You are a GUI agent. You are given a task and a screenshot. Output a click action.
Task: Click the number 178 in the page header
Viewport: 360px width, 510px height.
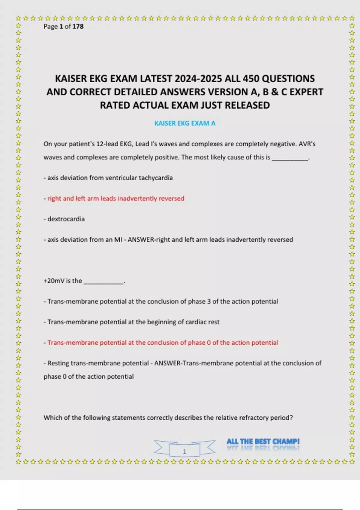tap(78, 26)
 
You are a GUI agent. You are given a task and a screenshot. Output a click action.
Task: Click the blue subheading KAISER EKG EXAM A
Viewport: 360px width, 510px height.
tap(185, 123)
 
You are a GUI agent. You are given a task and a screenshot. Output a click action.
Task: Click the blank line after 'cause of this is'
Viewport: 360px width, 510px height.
tap(290, 158)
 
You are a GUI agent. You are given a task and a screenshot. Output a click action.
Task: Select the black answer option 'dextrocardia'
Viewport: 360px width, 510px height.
tap(66, 219)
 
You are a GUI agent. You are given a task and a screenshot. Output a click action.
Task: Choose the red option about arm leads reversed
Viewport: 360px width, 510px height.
tap(116, 198)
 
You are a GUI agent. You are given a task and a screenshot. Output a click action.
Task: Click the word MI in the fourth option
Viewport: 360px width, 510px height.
tap(118, 240)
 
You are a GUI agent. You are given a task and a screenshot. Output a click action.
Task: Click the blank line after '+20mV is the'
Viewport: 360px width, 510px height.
tap(103, 282)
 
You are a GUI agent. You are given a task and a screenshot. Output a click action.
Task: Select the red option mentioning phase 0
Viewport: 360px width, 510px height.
tap(163, 343)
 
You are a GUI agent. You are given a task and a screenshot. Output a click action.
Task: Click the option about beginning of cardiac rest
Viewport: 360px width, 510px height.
tap(133, 322)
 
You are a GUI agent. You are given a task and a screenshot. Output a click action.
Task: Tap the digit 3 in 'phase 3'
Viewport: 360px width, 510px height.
tap(209, 301)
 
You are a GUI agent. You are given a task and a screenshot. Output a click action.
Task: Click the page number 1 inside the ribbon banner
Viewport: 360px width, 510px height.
tap(184, 451)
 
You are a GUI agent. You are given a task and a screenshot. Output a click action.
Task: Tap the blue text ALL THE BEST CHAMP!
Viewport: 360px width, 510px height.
tap(263, 441)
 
